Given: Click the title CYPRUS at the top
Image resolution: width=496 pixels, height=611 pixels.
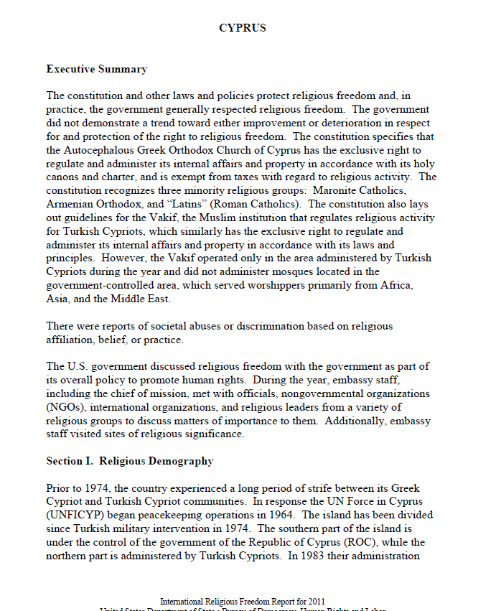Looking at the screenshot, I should [243, 28].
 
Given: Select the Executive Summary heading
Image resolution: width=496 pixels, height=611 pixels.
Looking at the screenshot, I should [96, 70].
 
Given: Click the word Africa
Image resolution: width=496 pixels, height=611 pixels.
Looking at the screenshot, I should [412, 286].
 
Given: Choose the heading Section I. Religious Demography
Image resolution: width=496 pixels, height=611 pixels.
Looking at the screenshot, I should [129, 461].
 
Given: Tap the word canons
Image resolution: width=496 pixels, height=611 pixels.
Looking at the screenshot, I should [63, 177].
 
